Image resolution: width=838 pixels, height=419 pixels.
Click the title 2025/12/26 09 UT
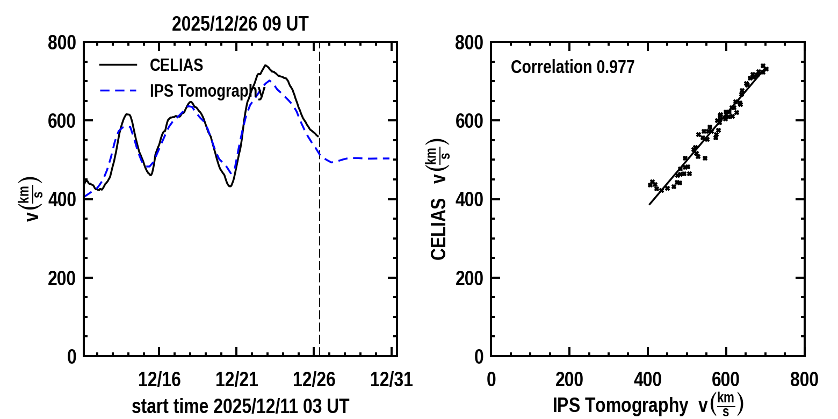[x=240, y=24]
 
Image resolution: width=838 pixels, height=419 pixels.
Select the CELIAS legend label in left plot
[x=176, y=65]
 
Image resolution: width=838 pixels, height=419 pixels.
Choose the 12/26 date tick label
[x=314, y=380]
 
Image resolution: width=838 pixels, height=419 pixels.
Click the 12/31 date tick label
[x=392, y=380]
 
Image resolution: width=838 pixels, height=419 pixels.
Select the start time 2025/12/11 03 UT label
[x=240, y=406]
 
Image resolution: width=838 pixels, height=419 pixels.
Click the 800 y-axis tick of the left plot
[x=62, y=43]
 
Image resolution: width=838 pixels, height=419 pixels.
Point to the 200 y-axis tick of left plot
[x=62, y=278]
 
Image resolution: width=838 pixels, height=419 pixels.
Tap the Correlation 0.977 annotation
[x=573, y=67]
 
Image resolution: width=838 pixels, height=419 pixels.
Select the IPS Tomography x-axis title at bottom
[x=620, y=406]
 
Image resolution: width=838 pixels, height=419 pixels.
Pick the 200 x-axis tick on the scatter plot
[x=569, y=380]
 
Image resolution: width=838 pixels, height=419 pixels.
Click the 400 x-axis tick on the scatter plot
[x=648, y=380]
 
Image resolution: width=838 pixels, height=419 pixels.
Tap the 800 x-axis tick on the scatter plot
[x=804, y=380]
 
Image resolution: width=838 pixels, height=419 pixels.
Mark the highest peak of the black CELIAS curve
[x=265, y=66]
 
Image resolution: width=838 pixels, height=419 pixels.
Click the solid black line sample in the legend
[x=118, y=65]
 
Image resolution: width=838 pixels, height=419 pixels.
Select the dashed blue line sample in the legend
[x=118, y=91]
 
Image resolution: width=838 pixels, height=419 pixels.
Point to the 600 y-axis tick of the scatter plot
[x=469, y=121]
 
